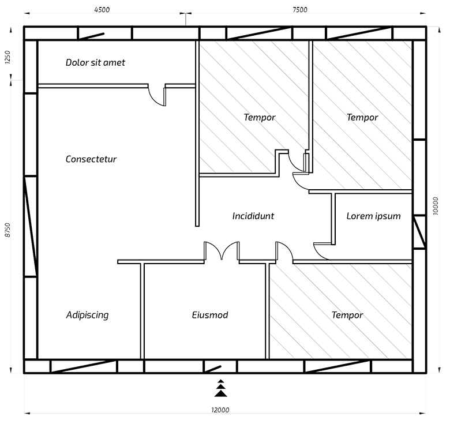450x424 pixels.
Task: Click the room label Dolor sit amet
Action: point(95,62)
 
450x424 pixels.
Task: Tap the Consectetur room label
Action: point(91,159)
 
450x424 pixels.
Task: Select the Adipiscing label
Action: point(87,315)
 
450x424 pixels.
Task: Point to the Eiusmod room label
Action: point(210,315)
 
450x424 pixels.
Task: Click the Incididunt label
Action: point(253,216)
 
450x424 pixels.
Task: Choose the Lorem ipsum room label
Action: point(373,216)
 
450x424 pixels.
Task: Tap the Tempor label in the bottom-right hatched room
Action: point(347,316)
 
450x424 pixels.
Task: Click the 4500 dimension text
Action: point(102,10)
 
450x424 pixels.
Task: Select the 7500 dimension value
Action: point(300,10)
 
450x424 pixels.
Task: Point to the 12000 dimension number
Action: point(220,410)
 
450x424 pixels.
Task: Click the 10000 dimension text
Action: point(436,206)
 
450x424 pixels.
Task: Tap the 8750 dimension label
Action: point(7,230)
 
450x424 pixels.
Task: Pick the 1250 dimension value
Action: point(7,57)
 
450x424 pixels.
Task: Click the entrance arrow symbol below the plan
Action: point(221,388)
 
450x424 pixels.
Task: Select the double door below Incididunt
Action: point(222,251)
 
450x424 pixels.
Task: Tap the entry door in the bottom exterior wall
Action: point(213,369)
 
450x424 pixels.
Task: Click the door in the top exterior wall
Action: point(91,36)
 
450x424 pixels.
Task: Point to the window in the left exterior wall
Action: point(31,226)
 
